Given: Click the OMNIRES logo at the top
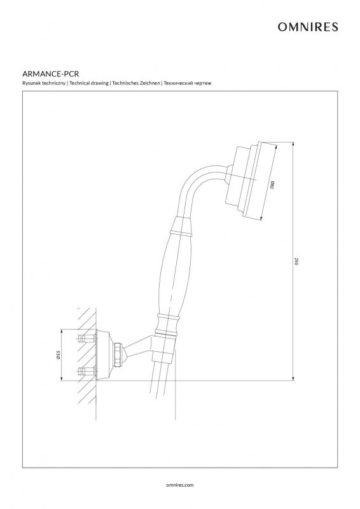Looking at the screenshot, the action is tap(307, 27).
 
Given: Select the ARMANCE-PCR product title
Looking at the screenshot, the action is tap(51, 74).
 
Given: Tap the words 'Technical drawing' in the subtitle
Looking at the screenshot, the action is tap(89, 83).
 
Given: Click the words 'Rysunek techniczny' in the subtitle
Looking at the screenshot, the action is tap(44, 83).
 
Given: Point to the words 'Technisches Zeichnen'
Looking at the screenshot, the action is tap(136, 83).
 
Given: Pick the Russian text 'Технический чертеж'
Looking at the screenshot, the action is tap(188, 83).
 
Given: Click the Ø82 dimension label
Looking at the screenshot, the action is tap(272, 185).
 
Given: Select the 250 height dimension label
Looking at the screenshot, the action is tap(296, 261).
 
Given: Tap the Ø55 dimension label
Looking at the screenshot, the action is tap(59, 354).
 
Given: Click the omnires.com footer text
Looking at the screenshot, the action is tap(180, 485).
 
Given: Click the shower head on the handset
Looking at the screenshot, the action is tap(244, 179).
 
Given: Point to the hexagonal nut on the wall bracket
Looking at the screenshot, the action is tap(119, 354).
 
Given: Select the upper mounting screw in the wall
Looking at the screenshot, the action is tap(87, 338).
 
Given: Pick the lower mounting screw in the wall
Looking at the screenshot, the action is tap(87, 371).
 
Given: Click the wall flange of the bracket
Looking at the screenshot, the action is tap(103, 354).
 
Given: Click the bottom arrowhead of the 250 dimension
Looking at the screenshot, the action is tap(293, 378).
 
